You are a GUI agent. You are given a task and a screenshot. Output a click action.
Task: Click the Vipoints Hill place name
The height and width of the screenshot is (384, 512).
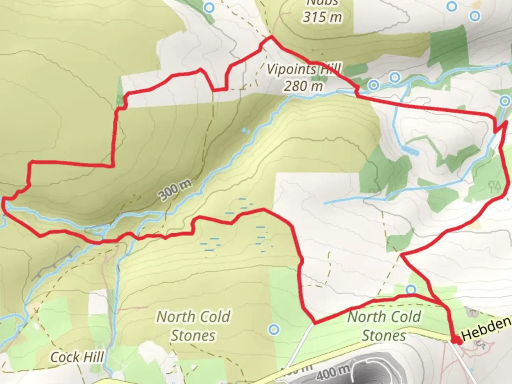click(303, 69)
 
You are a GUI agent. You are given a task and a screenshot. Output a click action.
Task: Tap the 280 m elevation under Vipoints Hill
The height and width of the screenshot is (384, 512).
click(303, 86)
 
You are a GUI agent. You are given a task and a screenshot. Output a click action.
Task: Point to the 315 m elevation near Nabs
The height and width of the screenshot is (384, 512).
click(322, 17)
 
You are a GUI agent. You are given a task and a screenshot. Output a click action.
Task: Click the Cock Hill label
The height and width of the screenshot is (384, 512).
click(77, 357)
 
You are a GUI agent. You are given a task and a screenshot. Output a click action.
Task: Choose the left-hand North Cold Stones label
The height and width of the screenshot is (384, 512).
click(193, 326)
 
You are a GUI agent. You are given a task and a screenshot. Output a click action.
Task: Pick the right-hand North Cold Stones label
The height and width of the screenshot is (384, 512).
click(384, 326)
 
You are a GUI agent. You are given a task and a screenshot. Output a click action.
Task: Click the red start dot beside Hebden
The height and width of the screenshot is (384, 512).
click(456, 341)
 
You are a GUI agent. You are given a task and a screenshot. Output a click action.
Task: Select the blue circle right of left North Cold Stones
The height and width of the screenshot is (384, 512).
click(273, 330)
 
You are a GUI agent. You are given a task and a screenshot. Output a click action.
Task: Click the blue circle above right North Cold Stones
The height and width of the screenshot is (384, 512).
click(411, 289)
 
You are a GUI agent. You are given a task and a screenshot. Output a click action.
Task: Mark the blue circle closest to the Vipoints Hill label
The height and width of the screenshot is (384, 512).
click(373, 85)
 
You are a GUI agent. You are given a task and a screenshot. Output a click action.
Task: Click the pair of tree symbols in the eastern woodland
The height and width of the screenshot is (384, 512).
click(495, 186)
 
